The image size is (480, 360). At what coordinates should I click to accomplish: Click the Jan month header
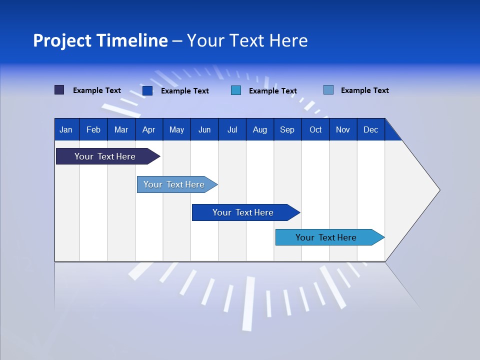(x=66, y=130)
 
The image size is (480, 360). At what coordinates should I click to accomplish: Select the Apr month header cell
(x=148, y=130)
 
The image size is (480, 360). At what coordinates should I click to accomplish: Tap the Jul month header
(x=232, y=130)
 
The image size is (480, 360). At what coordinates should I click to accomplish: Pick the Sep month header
(x=287, y=130)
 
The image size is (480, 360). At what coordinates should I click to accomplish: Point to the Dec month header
(x=370, y=130)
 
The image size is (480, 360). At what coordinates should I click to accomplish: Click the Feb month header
(x=93, y=130)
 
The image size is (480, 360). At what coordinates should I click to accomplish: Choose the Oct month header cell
(x=315, y=130)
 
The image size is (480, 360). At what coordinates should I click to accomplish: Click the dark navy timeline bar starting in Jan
(x=105, y=156)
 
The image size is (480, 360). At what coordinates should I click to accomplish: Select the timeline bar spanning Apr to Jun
(x=174, y=184)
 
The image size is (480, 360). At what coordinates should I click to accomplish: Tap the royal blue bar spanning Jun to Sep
(x=243, y=212)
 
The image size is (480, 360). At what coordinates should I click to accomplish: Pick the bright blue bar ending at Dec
(x=326, y=237)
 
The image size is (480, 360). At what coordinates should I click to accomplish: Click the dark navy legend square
(x=59, y=90)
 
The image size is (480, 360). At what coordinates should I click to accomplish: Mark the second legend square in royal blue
(x=147, y=90)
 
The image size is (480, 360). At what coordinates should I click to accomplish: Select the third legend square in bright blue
(x=236, y=90)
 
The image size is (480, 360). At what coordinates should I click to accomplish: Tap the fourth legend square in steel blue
(x=328, y=90)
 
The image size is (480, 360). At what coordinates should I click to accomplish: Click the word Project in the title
(x=62, y=40)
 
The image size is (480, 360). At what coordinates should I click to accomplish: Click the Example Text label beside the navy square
(x=97, y=90)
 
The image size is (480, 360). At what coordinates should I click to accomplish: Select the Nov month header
(x=343, y=130)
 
